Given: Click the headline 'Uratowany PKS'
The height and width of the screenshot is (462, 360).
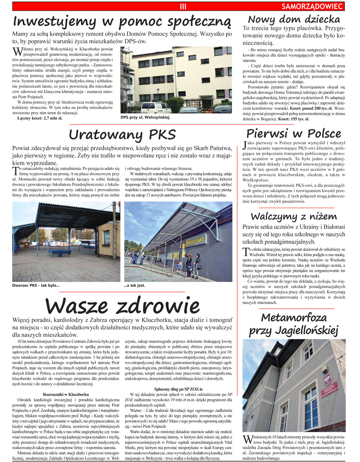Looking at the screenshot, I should [x=122, y=135].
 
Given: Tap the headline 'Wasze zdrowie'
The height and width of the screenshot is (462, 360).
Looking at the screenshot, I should [x=122, y=305].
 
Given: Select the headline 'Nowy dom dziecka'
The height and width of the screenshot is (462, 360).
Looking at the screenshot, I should [x=294, y=19].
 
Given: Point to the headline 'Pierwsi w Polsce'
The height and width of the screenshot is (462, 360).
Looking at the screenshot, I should [x=293, y=133].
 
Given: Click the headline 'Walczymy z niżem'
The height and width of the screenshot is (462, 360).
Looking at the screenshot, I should [x=294, y=216].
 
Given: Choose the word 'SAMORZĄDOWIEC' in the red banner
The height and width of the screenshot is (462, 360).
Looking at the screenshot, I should [x=312, y=6].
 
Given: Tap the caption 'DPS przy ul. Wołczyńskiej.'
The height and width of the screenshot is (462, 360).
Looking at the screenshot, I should [x=145, y=117].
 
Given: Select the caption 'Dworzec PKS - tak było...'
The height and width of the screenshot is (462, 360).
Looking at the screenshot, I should [x=36, y=286].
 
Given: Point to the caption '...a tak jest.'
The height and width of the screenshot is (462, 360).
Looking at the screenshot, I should [x=134, y=286].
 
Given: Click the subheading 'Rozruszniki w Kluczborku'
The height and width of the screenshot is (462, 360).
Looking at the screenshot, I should [x=66, y=394].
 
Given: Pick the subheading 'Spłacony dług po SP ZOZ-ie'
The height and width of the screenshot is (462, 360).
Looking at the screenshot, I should [x=178, y=389].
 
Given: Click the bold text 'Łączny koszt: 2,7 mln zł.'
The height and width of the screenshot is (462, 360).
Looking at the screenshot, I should [x=40, y=118].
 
